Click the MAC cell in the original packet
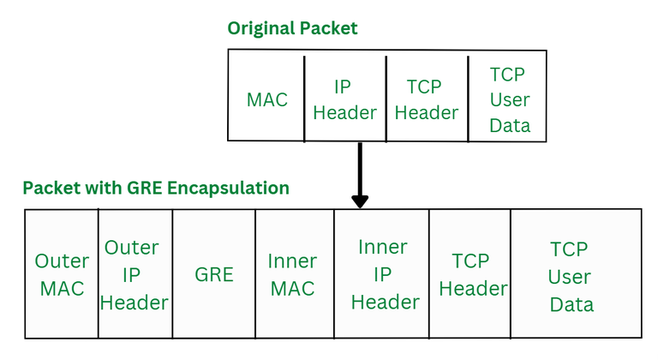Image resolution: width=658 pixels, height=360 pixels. pos(266,99)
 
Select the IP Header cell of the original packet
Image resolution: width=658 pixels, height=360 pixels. pos(344,99)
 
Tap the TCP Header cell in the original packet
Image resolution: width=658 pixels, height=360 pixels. pos(427,99)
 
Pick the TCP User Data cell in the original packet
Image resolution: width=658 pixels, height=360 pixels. pos(509,99)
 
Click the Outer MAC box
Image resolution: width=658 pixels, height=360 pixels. pos(62,274)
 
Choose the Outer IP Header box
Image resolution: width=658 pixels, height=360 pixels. pos(135,274)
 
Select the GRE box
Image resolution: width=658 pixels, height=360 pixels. pos(213,274)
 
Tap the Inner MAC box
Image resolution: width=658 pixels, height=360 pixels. pos(293,274)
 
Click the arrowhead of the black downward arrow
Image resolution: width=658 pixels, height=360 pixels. pos(360,201)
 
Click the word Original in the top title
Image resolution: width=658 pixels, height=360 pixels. pos(260,29)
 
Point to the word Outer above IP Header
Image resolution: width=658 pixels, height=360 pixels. pos(131,248)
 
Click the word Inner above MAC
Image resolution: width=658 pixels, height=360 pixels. pos(292,261)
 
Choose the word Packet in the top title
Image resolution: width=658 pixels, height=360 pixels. pos(328,29)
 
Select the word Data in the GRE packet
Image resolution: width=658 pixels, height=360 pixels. pos(571,304)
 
